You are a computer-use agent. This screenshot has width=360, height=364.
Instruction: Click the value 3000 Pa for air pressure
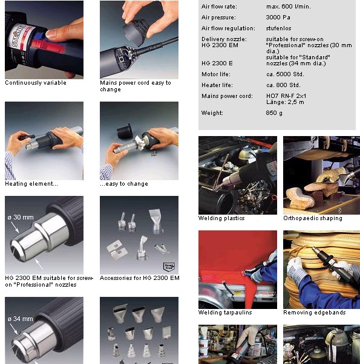coord(278,18)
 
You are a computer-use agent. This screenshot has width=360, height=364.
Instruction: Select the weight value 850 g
coord(274,113)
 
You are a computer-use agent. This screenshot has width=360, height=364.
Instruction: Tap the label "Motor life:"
coord(216,74)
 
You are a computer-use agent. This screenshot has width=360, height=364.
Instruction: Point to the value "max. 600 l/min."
coord(288,7)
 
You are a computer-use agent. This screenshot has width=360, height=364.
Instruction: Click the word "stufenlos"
coord(278,28)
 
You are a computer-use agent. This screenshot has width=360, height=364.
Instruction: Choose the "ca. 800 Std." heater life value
coord(283,85)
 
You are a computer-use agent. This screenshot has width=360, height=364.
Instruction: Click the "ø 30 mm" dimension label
coord(21,217)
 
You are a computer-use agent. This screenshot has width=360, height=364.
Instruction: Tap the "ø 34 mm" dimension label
coord(20,319)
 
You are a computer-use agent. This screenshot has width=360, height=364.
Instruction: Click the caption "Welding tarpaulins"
coord(225,313)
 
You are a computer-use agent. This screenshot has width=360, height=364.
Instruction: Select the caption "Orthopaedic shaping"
coord(313,218)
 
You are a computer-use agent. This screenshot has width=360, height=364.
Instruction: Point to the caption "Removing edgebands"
coord(314,313)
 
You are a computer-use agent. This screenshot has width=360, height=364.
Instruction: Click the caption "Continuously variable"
coord(36,83)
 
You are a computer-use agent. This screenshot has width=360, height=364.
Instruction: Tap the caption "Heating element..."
coord(31,184)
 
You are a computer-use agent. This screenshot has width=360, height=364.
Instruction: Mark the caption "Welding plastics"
coord(221,218)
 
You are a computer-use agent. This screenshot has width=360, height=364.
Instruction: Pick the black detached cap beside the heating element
coord(125,131)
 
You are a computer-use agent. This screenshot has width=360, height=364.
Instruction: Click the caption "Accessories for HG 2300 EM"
coord(139,278)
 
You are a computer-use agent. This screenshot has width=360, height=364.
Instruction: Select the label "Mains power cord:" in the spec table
coord(227,96)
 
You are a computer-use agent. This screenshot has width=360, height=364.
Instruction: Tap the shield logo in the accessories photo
coord(169,267)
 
